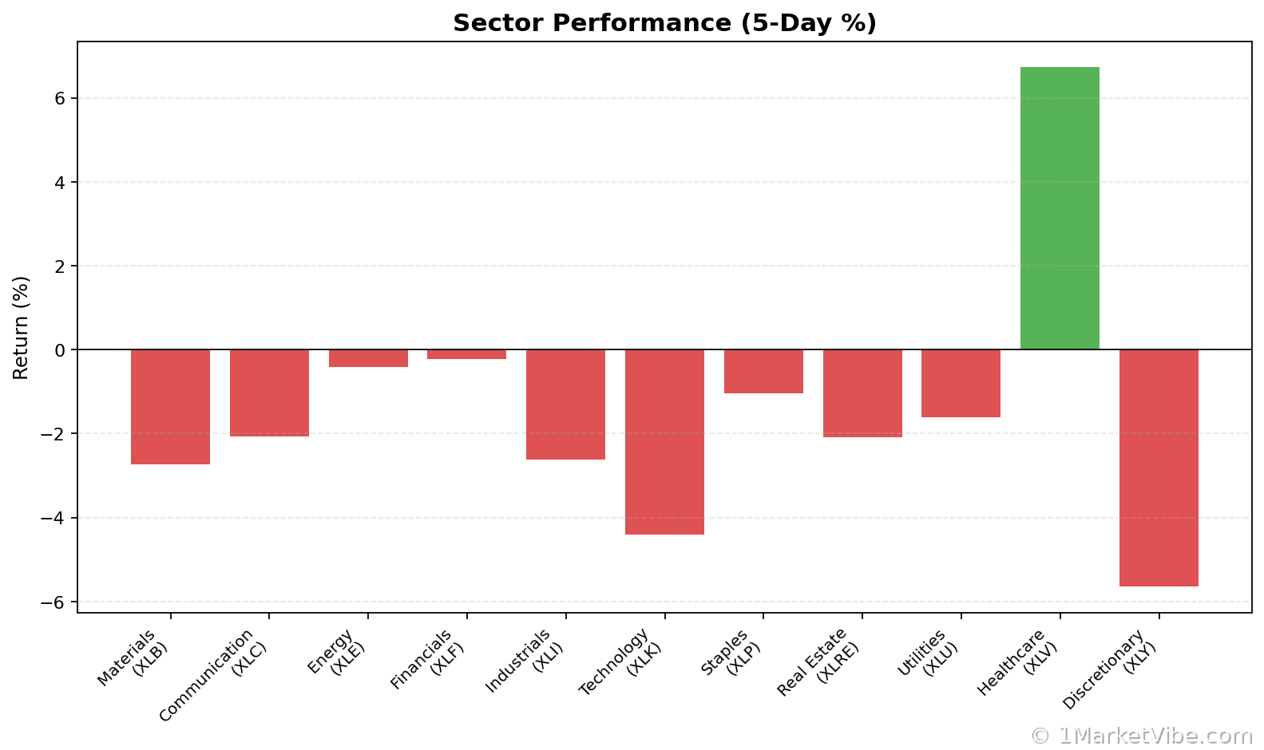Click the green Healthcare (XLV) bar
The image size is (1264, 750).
click(1060, 208)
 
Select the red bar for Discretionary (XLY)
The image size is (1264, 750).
click(1158, 468)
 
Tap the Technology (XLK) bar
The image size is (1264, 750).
click(664, 441)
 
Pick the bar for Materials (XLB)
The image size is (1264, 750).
click(170, 407)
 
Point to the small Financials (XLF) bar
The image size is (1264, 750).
click(466, 354)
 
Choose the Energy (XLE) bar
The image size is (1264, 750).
click(368, 358)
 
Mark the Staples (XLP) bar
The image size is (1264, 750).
click(763, 371)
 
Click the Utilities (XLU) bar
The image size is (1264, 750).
click(961, 383)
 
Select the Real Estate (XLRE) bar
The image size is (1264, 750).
click(862, 393)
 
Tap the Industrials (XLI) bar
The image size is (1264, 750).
click(565, 405)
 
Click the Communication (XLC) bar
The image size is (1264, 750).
click(269, 393)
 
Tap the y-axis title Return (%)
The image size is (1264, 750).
click(22, 327)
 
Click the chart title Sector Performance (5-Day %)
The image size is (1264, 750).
click(664, 23)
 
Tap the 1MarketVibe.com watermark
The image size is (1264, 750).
click(1142, 736)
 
